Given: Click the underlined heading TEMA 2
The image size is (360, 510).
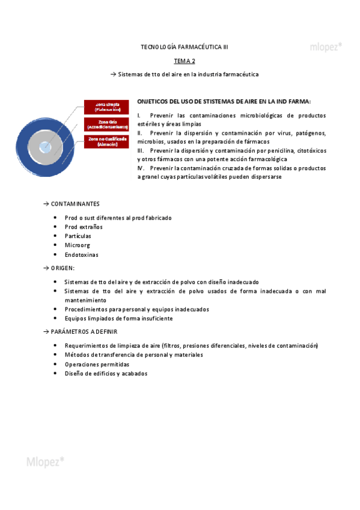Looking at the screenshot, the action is (x=184, y=61).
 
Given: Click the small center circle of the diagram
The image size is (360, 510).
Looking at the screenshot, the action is (x=45, y=146).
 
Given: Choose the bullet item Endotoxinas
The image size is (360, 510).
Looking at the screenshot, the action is (x=81, y=254).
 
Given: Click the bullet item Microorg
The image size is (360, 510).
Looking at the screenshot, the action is (x=78, y=245).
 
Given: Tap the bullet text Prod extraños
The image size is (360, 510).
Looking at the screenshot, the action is (x=84, y=227).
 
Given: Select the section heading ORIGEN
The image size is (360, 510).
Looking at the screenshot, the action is (x=63, y=268).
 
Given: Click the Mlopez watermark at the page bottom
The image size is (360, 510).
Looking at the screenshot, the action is (x=45, y=462).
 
